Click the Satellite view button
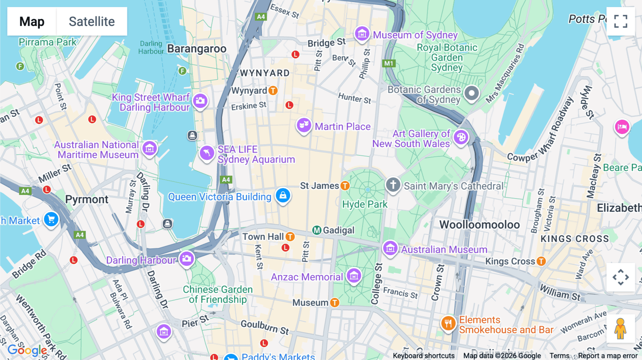pos(92,21)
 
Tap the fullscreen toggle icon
pos(621,21)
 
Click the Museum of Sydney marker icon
pos(362,34)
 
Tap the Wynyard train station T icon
pos(273,91)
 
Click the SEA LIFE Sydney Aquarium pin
pos(207,153)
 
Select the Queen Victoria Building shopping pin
pos(283,195)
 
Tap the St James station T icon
pos(345,186)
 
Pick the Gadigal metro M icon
pos(317,230)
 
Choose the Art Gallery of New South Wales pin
pos(461,137)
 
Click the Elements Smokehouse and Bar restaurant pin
pos(448,324)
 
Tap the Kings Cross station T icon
pos(541,261)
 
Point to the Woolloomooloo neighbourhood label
pos(479,225)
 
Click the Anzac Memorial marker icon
pos(354,276)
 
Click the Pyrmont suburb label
pos(87,199)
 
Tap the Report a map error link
pos(608,356)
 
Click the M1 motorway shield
pos(388,63)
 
